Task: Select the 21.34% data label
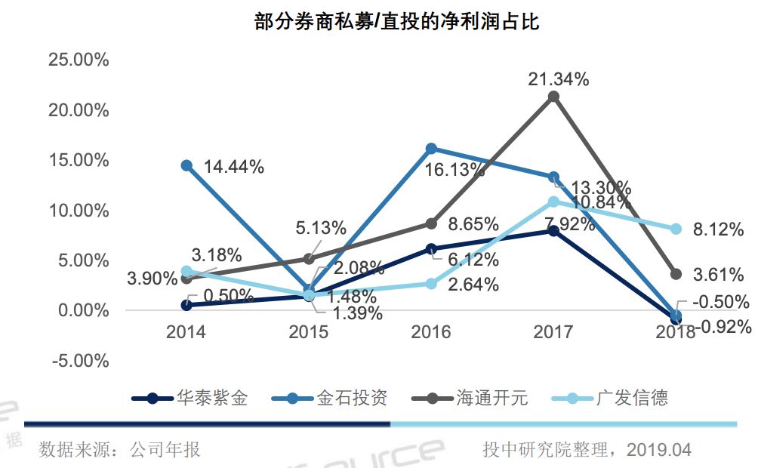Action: (x=558, y=79)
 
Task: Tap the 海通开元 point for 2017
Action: (x=553, y=97)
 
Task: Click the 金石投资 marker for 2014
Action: (x=186, y=165)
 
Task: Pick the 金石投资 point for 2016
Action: (x=431, y=149)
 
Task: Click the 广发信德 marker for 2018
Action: (x=676, y=229)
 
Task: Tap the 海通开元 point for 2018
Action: (x=676, y=274)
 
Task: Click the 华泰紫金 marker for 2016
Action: (x=431, y=248)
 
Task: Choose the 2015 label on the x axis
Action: (x=309, y=331)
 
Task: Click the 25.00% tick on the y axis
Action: (x=79, y=60)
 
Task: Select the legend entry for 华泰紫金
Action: (x=189, y=398)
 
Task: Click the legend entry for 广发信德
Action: (x=610, y=398)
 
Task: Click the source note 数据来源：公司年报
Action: (x=120, y=450)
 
